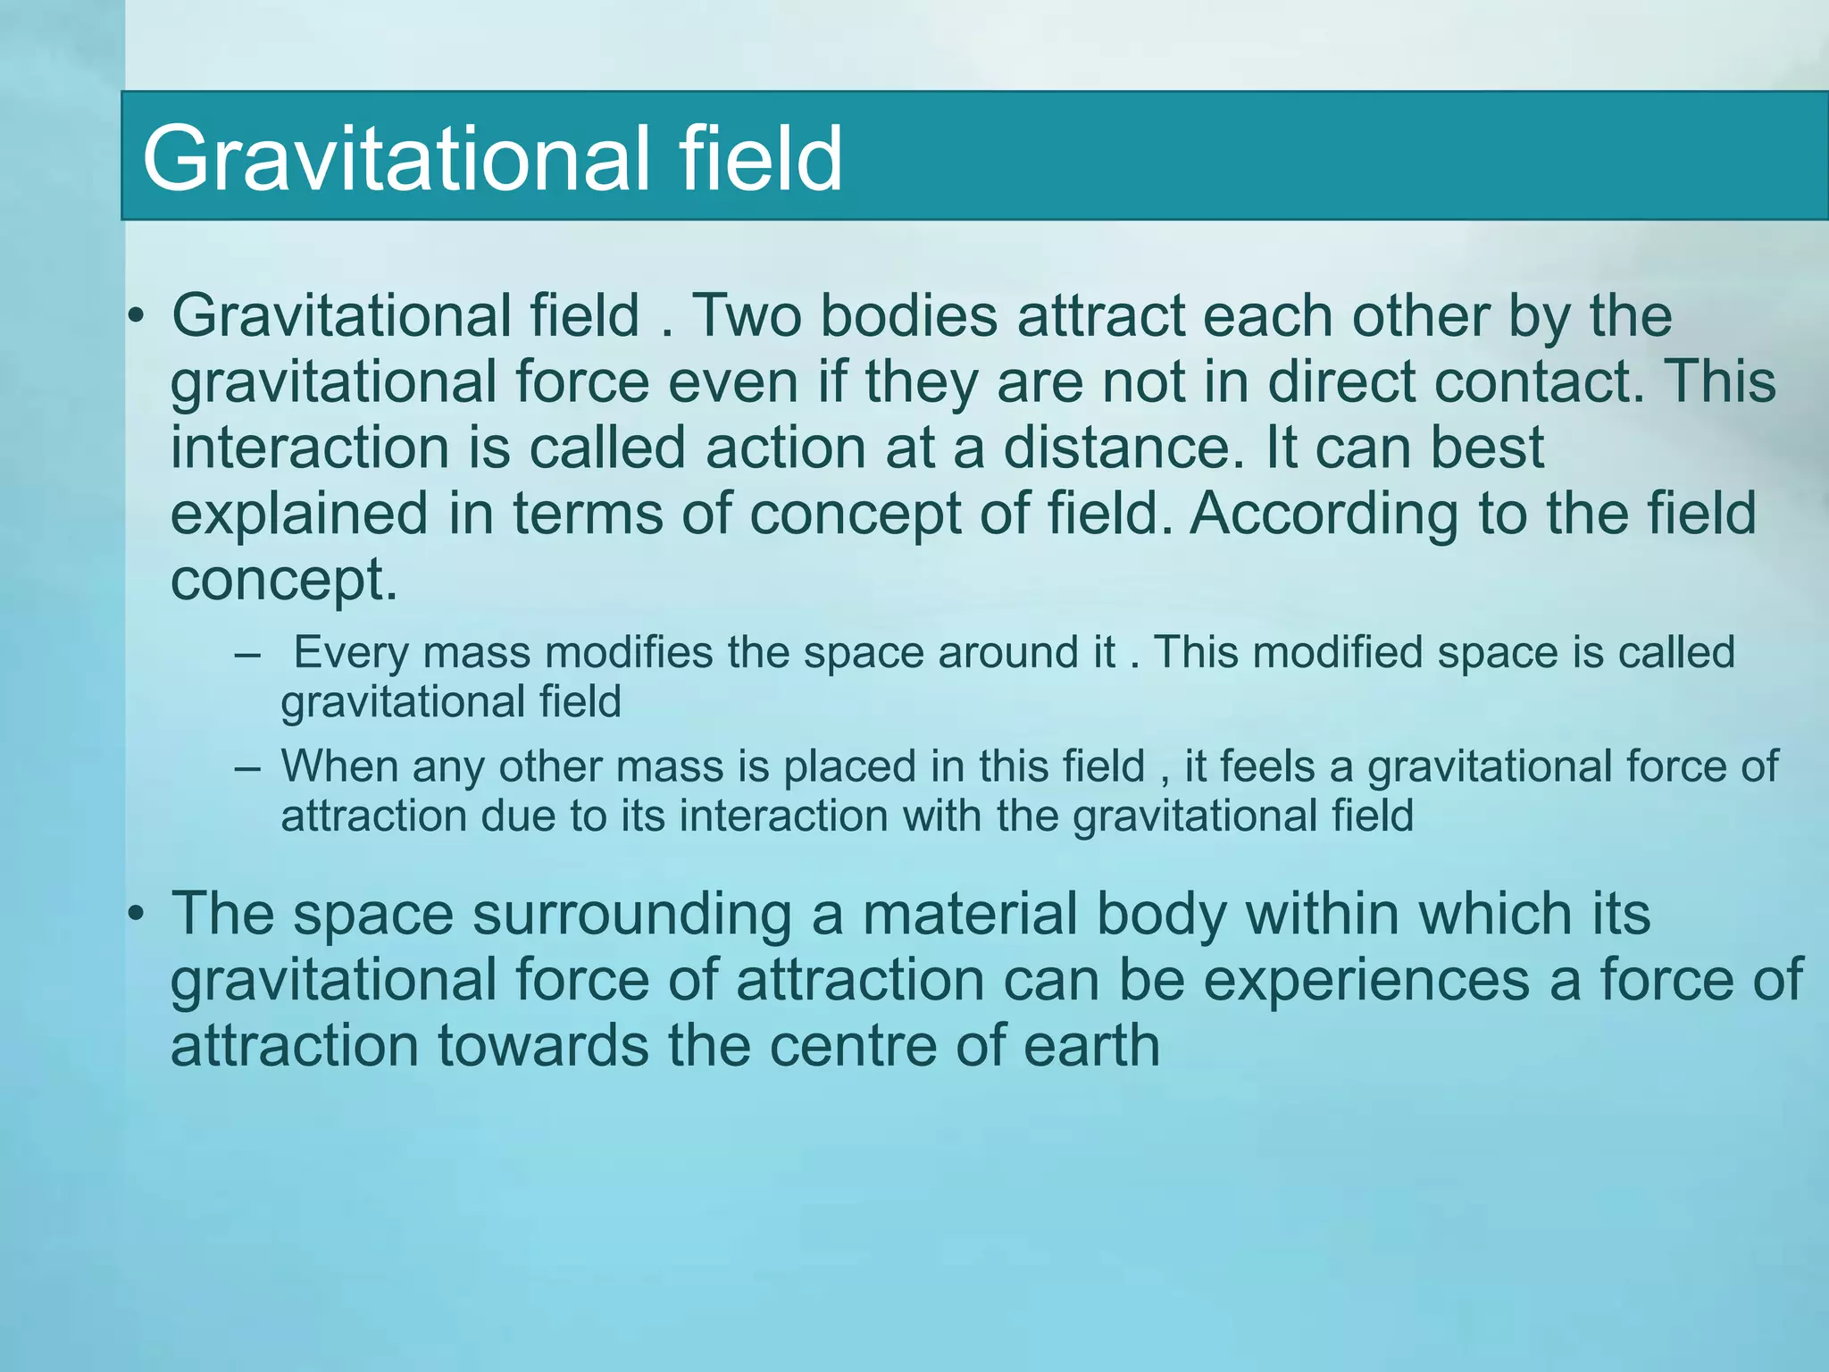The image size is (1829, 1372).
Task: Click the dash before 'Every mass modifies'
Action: pyautogui.click(x=247, y=654)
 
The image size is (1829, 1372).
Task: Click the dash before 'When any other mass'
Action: pyautogui.click(x=247, y=768)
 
